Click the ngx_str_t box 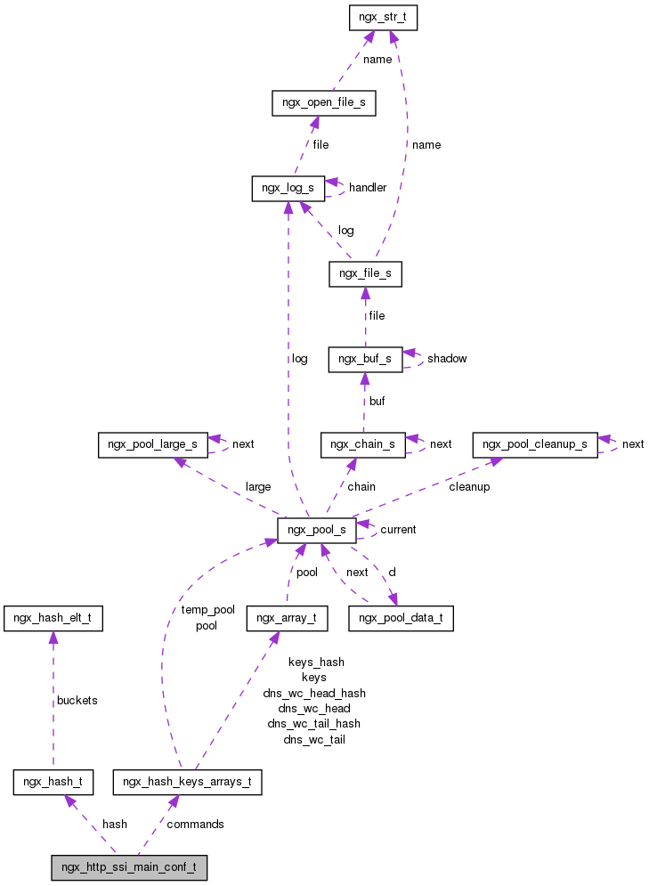coord(384,17)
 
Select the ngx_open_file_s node coord(323,102)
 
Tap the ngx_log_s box coord(288,188)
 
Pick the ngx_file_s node coord(365,273)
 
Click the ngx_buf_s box coord(365,359)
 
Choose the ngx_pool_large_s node coord(153,444)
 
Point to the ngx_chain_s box coord(363,444)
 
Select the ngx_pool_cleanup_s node coord(535,444)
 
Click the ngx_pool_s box coord(317,530)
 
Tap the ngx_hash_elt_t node coord(53,616)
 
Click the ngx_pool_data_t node coord(401,616)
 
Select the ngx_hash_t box coord(53,783)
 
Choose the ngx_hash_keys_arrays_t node coord(187,783)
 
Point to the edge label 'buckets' coord(77,700)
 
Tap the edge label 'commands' coord(196,825)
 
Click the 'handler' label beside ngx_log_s coord(368,188)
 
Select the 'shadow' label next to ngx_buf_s coord(447,359)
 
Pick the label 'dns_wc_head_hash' coord(313,693)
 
